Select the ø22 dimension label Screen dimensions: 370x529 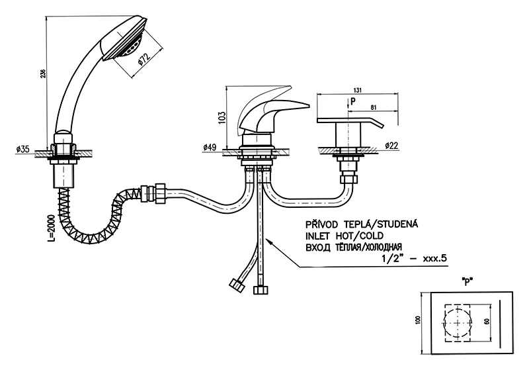pos(390,145)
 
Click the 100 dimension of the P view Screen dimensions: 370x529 pos(417,319)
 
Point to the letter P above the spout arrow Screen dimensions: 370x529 pos(352,101)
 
